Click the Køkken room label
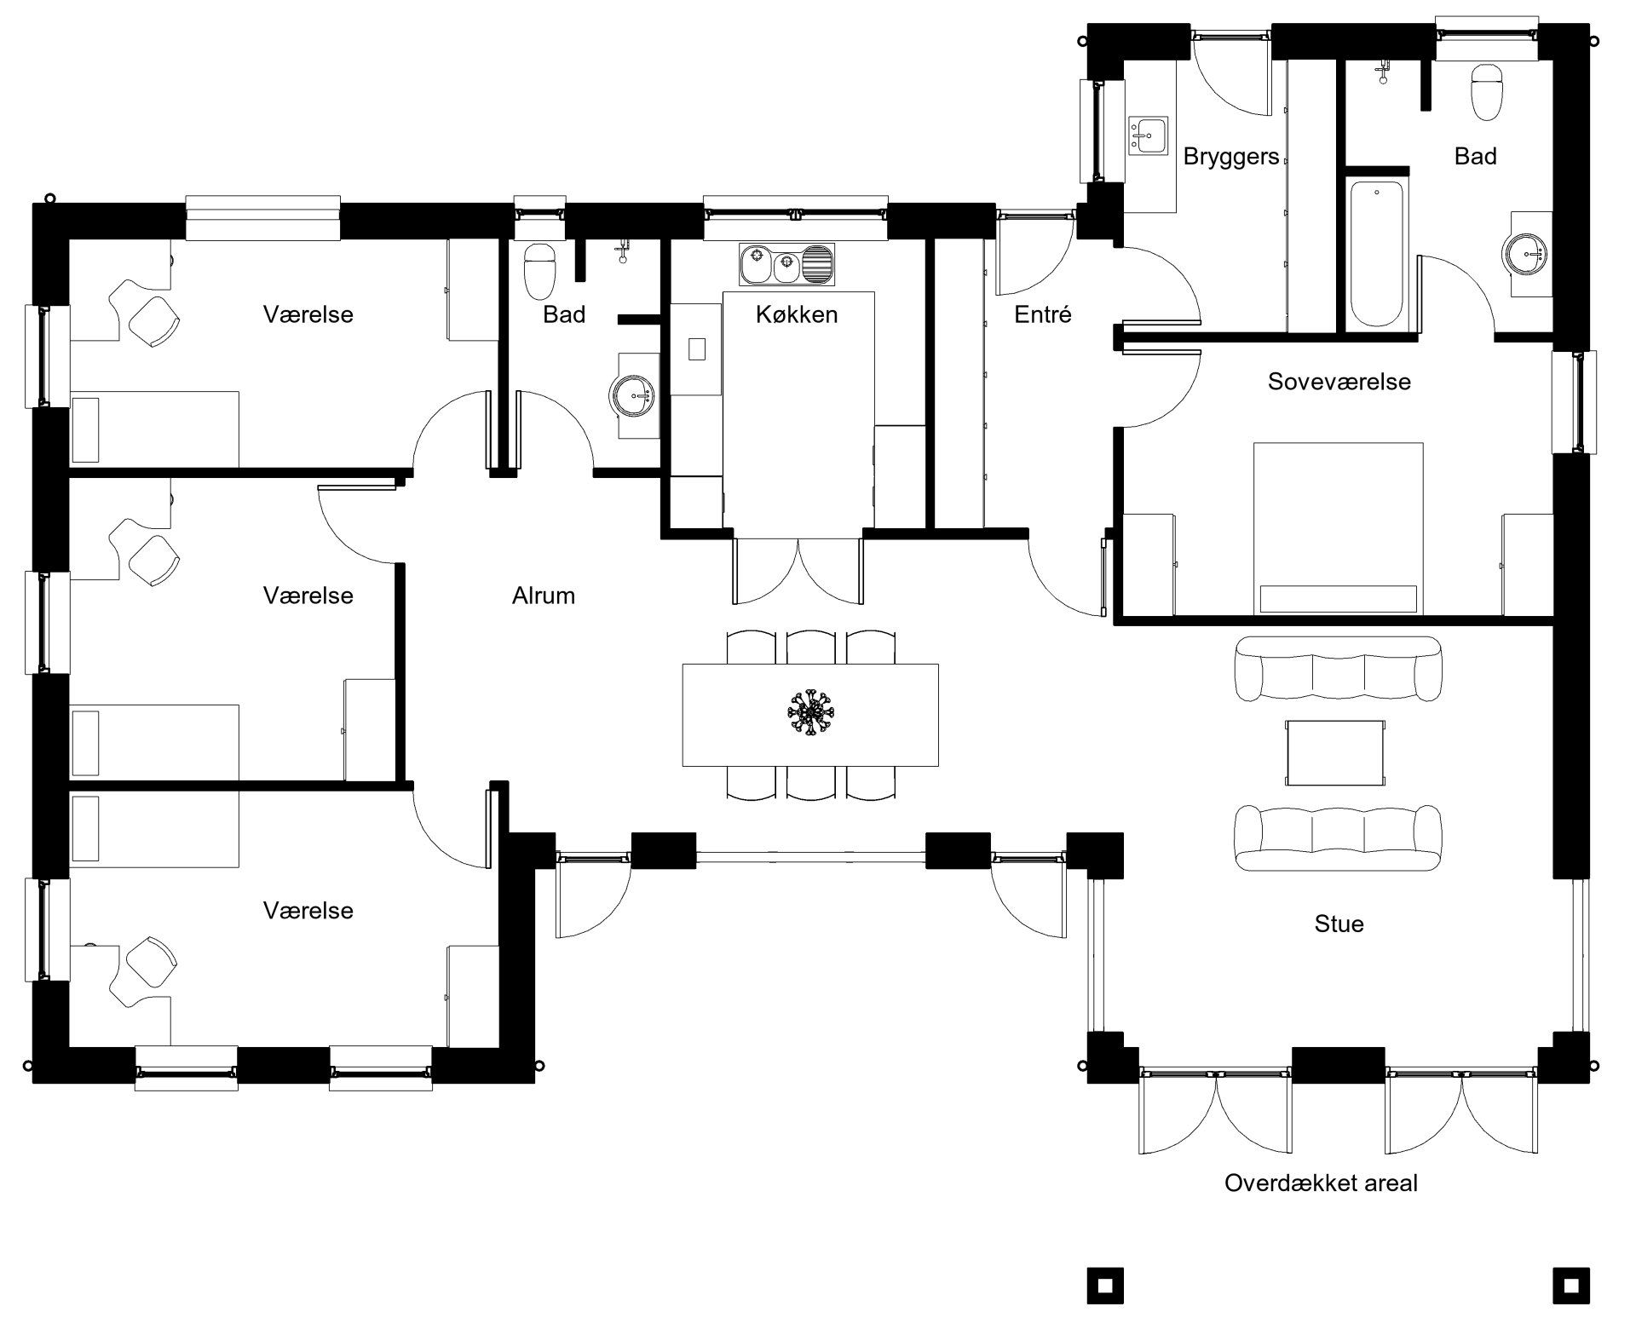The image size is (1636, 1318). [x=797, y=314]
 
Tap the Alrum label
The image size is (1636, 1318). [x=544, y=596]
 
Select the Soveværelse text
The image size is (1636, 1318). [x=1339, y=381]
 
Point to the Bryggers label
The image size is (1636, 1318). [x=1231, y=157]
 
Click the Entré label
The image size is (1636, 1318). [x=1043, y=314]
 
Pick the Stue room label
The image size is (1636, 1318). [x=1339, y=924]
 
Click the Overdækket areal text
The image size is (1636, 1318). [x=1321, y=1183]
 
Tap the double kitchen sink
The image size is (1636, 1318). [x=787, y=264]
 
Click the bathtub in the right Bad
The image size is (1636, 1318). [x=1377, y=253]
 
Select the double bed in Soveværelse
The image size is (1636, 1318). [x=1337, y=528]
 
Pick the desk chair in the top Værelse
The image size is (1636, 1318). [x=153, y=319]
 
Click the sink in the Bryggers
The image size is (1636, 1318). [x=1149, y=135]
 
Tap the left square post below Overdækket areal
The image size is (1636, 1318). [x=1105, y=1286]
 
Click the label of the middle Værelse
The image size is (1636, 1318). [x=308, y=596]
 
